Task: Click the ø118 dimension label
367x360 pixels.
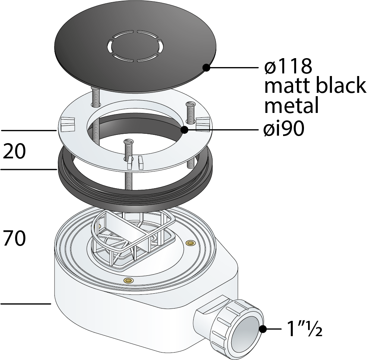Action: tap(287, 67)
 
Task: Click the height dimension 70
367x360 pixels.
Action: tap(14, 239)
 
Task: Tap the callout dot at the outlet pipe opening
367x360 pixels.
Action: tap(263, 329)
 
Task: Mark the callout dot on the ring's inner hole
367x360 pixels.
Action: tap(184, 130)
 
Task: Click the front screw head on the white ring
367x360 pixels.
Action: tap(129, 142)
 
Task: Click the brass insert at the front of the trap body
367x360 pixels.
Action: tap(129, 280)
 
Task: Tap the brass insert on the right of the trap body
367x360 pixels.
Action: tap(191, 243)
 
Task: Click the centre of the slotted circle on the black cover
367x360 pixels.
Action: tap(135, 45)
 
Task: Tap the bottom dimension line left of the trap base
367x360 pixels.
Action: tap(25, 304)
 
